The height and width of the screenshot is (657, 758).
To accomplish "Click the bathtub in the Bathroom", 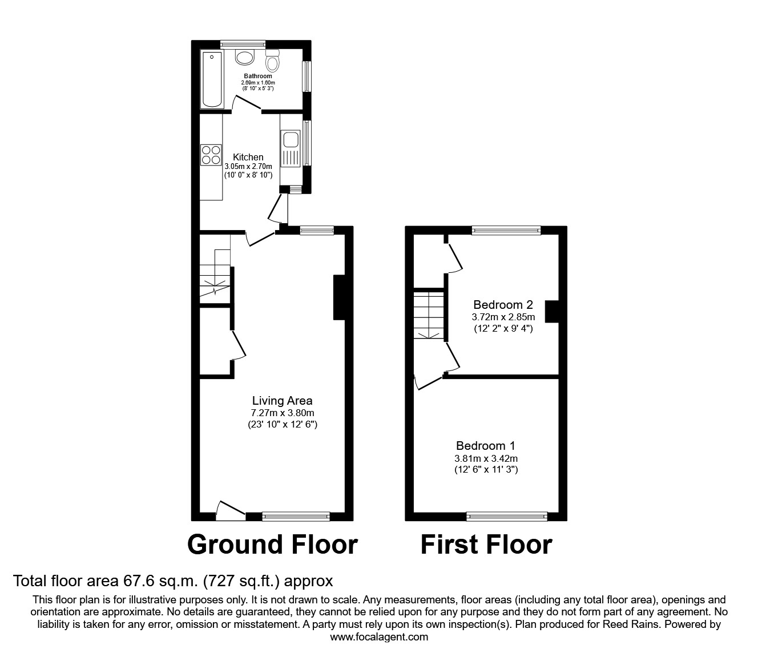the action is pos(212,79).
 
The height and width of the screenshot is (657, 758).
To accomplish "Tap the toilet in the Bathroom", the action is pos(272,61).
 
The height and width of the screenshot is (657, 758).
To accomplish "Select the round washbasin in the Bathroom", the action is pos(245,58).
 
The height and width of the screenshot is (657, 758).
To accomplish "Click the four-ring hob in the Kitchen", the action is pos(211,155).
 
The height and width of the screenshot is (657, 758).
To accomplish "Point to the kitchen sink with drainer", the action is pos(291,148).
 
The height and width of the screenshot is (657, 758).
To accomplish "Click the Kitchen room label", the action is pos(248,157).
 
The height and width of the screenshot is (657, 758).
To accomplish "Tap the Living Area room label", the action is pos(283,401).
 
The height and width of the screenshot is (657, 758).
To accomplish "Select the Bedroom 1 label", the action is pos(486,446).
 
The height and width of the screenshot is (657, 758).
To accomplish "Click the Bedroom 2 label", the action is pos(503,304).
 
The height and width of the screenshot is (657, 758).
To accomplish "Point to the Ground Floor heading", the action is pos(272,545).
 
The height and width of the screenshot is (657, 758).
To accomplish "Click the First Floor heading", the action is pos(486,545).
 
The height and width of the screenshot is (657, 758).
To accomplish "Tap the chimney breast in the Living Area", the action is pos(339,297).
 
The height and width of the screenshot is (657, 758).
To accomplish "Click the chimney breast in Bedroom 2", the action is pos(552,312).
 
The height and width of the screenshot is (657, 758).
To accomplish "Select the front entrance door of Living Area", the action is pos(231,510).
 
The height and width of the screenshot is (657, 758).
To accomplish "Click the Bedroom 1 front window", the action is pos(507,517).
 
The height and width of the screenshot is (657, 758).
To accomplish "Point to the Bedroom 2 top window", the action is pos(506,231).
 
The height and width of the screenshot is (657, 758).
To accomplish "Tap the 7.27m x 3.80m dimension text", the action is pos(283,413).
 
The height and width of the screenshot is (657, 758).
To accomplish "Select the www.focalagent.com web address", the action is pos(379,637).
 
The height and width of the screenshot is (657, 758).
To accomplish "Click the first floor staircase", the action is pos(429,315).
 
